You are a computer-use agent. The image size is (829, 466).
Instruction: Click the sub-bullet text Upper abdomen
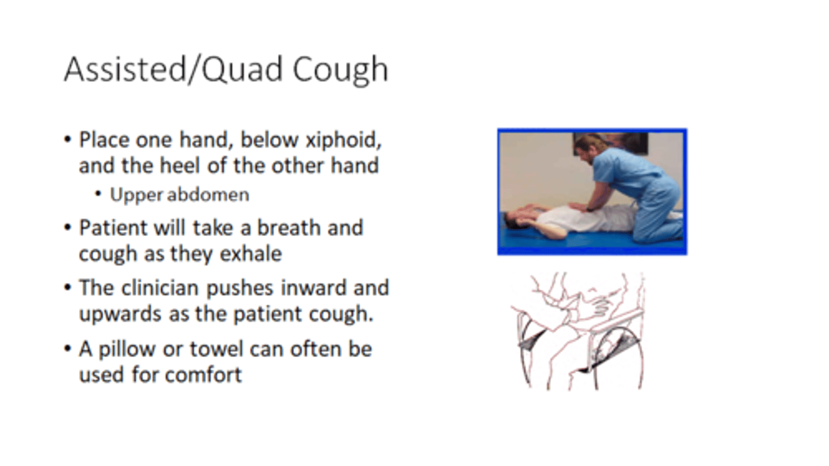180,195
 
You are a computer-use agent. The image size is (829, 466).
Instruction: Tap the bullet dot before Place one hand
68,141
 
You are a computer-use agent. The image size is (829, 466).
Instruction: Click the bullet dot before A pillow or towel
68,350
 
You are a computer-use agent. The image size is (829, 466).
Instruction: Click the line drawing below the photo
577,331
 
